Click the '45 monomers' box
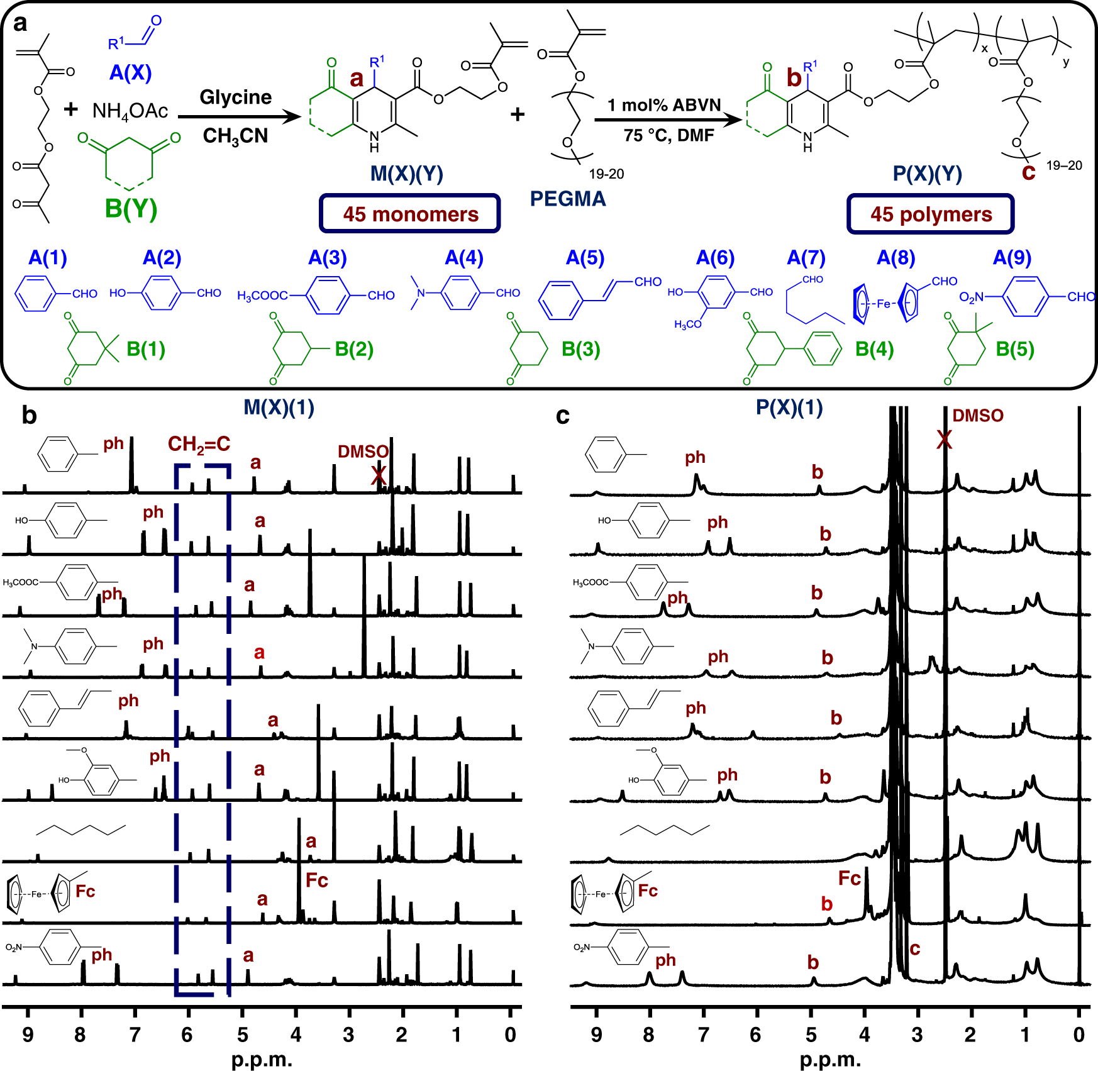tap(410, 214)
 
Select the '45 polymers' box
tap(931, 214)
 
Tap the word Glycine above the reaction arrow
tap(236, 97)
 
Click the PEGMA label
tap(568, 199)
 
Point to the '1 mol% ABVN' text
tap(664, 105)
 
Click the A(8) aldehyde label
tap(896, 258)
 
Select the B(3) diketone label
tap(581, 349)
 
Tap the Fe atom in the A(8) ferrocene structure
tap(884, 304)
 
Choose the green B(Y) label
tap(131, 209)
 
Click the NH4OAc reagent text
tap(130, 111)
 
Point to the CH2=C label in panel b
tap(199, 445)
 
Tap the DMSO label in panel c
tap(978, 416)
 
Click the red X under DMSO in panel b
tap(378, 475)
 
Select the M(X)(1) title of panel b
tap(279, 408)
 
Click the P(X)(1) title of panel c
tap(789, 408)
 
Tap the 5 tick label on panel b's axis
tap(242, 1035)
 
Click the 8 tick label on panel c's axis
tap(649, 1035)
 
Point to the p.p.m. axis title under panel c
tap(830, 1060)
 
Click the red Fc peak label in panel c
tap(850, 879)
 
